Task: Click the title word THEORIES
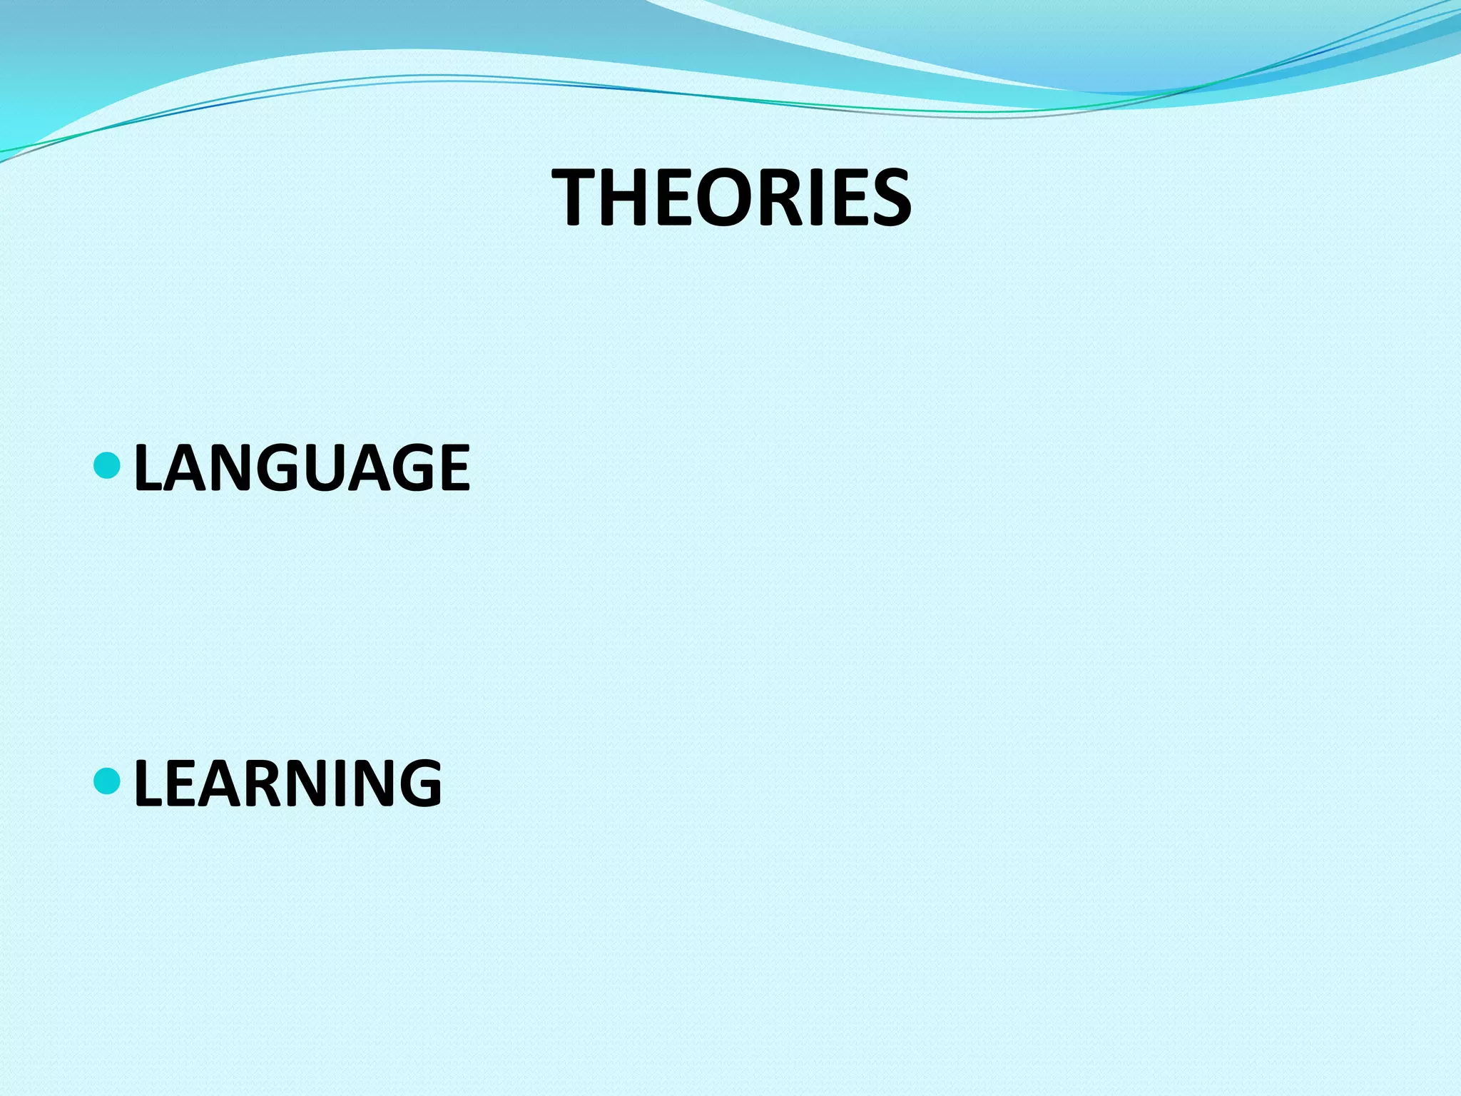pyautogui.click(x=732, y=198)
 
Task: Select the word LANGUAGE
pyautogui.click(x=302, y=468)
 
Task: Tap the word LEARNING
pyautogui.click(x=287, y=783)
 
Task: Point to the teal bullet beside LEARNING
pyautogui.click(x=108, y=781)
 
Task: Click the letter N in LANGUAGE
pyautogui.click(x=241, y=468)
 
